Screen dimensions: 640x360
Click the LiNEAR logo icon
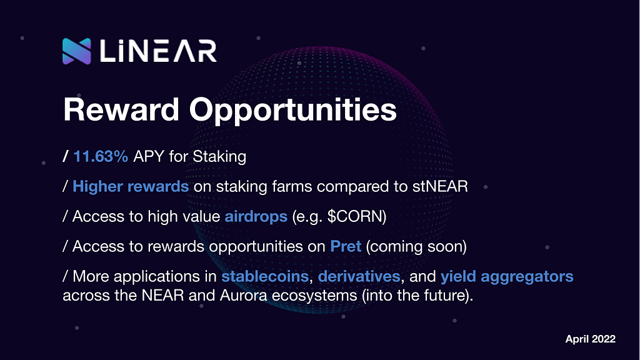click(77, 51)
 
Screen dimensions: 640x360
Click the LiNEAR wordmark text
click(158, 51)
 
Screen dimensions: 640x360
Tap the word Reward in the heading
click(121, 109)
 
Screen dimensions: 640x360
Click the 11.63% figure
click(101, 156)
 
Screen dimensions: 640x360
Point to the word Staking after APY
click(219, 157)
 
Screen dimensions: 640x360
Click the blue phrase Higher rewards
click(131, 186)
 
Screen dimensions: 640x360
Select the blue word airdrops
click(256, 217)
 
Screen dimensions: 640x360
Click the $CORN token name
click(355, 216)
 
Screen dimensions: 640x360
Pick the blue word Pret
click(346, 246)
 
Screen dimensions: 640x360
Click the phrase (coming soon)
click(416, 247)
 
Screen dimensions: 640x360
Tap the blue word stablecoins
click(265, 276)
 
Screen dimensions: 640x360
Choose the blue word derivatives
click(359, 276)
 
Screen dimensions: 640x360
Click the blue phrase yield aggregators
click(507, 277)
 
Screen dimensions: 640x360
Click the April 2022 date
click(590, 339)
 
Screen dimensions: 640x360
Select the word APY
click(149, 156)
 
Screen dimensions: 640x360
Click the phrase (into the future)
click(417, 296)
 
